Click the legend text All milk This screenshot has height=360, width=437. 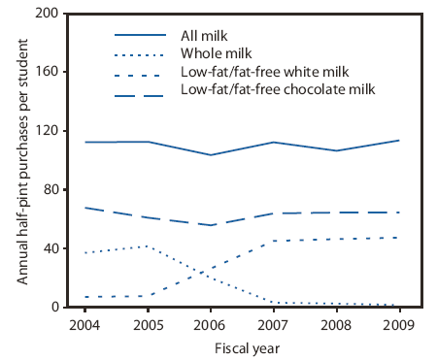coord(204,36)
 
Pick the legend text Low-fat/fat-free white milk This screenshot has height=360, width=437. coord(257,73)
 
